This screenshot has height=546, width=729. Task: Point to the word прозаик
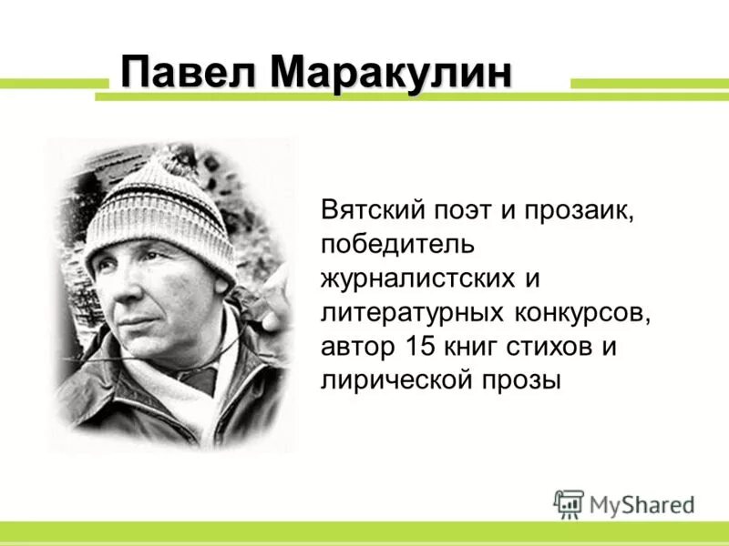pyautogui.click(x=577, y=211)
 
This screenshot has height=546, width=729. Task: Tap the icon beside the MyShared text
pyautogui.click(x=569, y=503)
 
